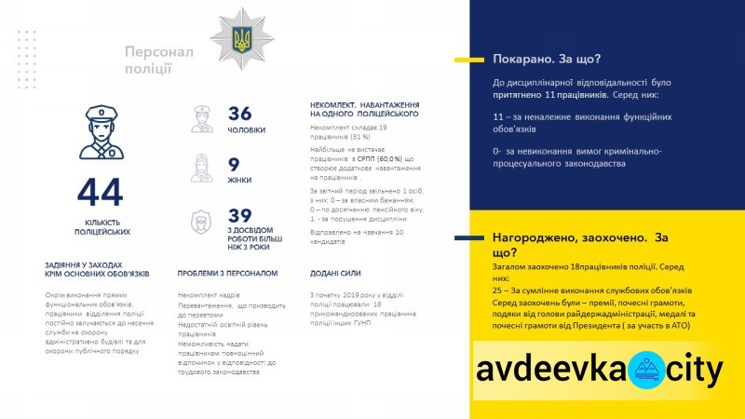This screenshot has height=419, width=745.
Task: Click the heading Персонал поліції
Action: click(x=159, y=59)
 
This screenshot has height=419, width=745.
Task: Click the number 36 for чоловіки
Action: click(x=240, y=114)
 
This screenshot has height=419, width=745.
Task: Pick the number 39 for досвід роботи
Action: click(x=240, y=216)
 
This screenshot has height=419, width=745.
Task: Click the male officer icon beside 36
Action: click(x=202, y=118)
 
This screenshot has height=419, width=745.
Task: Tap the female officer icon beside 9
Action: click(x=202, y=169)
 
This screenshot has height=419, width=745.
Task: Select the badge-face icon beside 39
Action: click(x=202, y=223)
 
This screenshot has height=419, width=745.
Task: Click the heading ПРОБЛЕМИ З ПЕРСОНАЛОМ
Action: click(x=227, y=274)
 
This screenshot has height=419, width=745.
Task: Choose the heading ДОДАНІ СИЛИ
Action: click(x=336, y=274)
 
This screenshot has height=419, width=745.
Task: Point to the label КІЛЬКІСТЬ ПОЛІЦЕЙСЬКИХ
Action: click(x=101, y=225)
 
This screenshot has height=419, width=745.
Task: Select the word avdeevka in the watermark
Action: click(x=549, y=370)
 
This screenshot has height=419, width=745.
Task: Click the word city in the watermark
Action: click(x=693, y=370)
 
